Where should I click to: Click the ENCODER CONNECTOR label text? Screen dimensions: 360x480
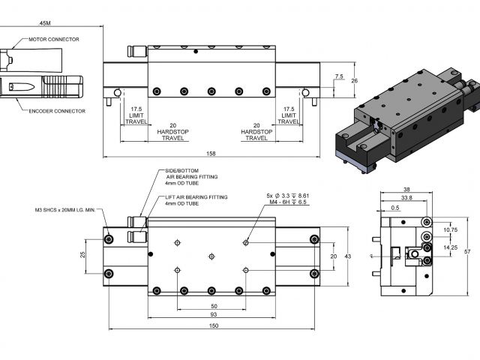(57, 111)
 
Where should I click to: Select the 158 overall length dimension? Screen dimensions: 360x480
(211, 154)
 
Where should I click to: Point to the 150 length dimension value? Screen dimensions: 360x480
(214, 325)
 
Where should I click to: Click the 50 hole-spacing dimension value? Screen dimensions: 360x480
(214, 307)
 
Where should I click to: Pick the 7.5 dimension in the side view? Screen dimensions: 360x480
(339, 76)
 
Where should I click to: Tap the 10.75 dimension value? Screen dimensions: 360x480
(449, 230)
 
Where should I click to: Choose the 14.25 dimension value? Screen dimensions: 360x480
(449, 247)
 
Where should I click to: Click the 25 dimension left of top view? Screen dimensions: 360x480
(83, 255)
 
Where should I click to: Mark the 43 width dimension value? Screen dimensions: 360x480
(347, 256)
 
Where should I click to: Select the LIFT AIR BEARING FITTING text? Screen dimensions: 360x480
(197, 196)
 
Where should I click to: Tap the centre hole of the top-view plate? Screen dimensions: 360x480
(212, 255)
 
